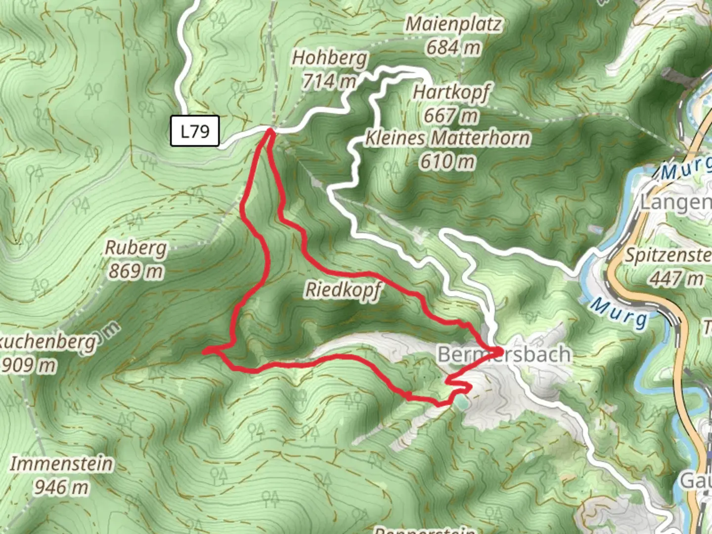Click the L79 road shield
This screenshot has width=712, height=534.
[x=195, y=131]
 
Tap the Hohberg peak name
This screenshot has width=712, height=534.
[x=330, y=58]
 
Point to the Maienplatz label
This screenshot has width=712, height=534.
[x=453, y=24]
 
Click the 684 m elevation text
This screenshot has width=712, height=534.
[x=453, y=47]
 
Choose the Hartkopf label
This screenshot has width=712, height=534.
[x=451, y=92]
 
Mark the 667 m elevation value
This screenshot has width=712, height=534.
[x=451, y=116]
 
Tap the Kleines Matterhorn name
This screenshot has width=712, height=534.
[x=447, y=138]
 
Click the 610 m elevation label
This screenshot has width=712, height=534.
[x=447, y=161]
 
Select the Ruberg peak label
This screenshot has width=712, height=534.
[x=136, y=248]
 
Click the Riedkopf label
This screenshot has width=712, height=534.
[x=343, y=290]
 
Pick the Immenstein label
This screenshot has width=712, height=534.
[x=61, y=464]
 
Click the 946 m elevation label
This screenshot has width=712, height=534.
[x=61, y=487]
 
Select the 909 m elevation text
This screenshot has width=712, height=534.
[x=29, y=365]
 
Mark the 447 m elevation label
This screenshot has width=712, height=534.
[x=676, y=278]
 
